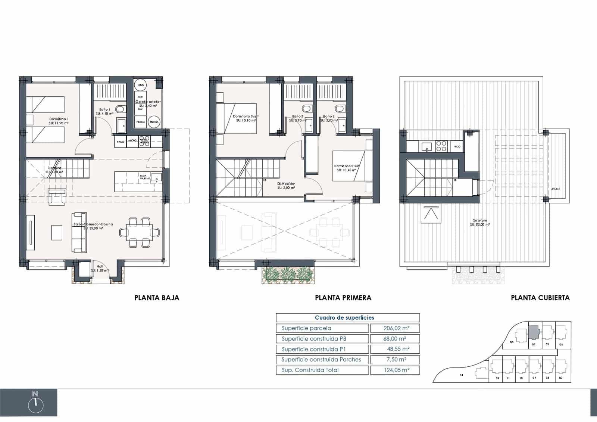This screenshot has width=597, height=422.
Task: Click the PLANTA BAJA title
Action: coord(157,298)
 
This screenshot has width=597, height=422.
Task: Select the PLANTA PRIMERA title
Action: coord(343,298)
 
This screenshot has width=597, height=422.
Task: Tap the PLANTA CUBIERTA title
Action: coord(540,298)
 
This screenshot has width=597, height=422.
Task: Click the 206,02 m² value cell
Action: coord(395,328)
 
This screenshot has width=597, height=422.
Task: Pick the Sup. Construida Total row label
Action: coord(310,370)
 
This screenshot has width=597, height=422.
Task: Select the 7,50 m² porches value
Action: coord(395,360)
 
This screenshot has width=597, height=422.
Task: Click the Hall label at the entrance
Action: coord(100,267)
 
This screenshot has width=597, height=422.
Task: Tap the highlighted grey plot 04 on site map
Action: coord(534,331)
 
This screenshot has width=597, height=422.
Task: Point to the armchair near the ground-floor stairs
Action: coord(57,197)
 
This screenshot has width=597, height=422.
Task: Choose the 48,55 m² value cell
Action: coord(395,349)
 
